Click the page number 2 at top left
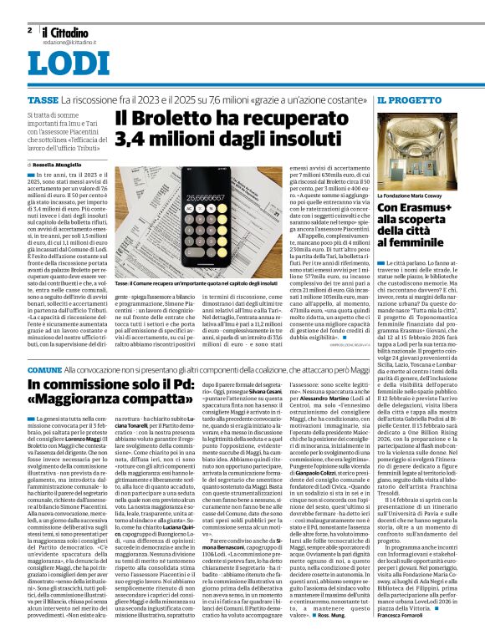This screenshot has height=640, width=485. click(29, 30)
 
